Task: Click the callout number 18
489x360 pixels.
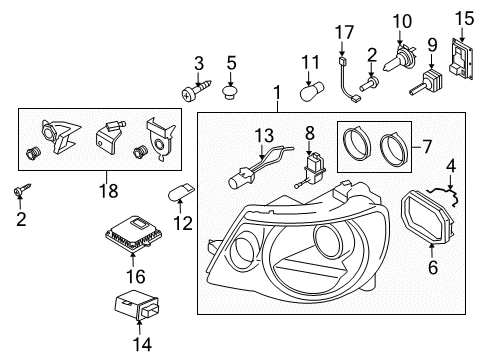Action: [109, 191]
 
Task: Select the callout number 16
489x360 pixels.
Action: [136, 276]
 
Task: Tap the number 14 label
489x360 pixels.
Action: [142, 344]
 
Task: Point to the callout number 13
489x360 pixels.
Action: [264, 136]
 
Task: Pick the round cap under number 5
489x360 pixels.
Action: [231, 92]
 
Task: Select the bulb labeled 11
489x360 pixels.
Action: [313, 92]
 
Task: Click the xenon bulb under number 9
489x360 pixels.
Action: [427, 82]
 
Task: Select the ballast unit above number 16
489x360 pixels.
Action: [134, 233]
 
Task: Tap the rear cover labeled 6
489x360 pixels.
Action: [428, 216]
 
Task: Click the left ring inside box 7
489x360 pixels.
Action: [357, 144]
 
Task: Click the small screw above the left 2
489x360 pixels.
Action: [21, 190]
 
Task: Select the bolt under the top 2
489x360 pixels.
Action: [368, 84]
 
